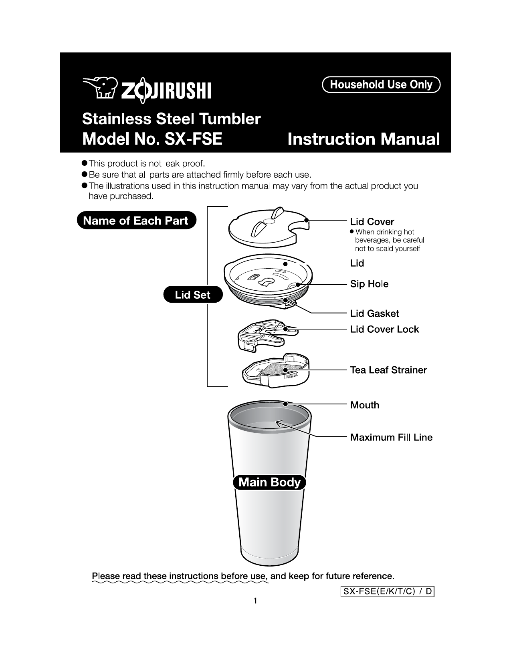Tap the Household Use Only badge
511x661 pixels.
(x=381, y=85)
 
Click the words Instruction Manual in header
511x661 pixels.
(x=364, y=139)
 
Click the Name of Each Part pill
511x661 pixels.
(x=136, y=221)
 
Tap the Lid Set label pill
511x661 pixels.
(x=192, y=295)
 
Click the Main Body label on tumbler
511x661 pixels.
(x=269, y=482)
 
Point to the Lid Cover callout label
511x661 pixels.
(x=372, y=222)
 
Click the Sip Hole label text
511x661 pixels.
(x=369, y=284)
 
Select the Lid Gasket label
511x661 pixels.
(x=374, y=313)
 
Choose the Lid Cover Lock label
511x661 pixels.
(x=384, y=329)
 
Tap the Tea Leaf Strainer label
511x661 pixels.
(x=388, y=370)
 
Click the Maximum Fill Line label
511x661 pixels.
(x=391, y=437)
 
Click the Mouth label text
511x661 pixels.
(x=364, y=405)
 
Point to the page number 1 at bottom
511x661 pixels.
(x=255, y=601)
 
